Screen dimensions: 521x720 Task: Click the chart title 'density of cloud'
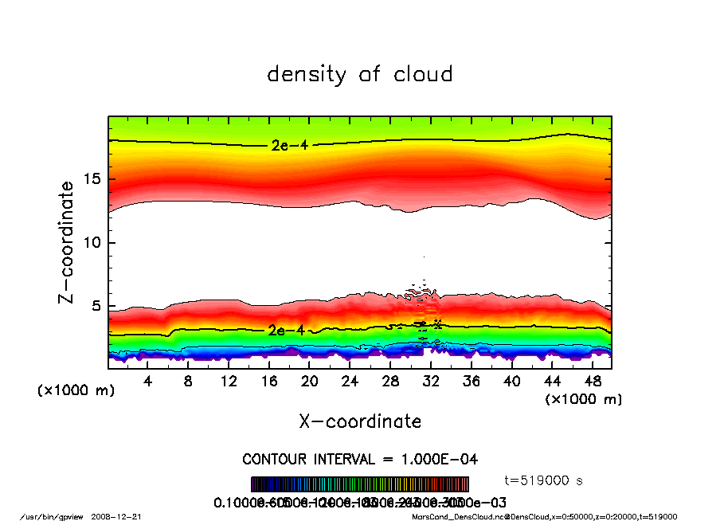coord(360,75)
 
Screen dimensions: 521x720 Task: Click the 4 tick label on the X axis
coord(148,382)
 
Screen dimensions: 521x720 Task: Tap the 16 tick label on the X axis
coord(269,382)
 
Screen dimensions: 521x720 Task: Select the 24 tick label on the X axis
coord(350,382)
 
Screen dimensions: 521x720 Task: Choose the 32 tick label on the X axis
coord(431,382)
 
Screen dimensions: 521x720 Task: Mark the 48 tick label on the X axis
coord(593,382)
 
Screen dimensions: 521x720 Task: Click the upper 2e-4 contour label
coord(284,145)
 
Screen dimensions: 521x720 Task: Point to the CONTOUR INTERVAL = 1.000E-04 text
coord(360,460)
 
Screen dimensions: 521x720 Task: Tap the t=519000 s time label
coord(544,480)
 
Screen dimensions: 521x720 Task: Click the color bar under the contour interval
coord(360,484)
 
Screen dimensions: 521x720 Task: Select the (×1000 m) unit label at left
coord(76,391)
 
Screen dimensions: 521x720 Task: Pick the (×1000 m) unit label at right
coord(584,399)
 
